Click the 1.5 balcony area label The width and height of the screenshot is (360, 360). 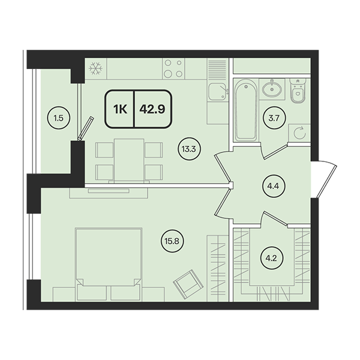click(59, 118)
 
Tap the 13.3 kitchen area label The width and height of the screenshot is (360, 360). click(189, 149)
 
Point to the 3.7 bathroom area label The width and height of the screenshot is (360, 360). click(274, 118)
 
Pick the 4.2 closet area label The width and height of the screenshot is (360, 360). click(271, 259)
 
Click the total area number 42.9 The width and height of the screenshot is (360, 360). click(152, 110)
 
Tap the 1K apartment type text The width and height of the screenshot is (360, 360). click(121, 110)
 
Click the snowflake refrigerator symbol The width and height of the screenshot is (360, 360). click(95, 68)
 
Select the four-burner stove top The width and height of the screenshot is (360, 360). click(173, 68)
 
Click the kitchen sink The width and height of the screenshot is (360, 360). click(217, 91)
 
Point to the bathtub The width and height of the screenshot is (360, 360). click(245, 110)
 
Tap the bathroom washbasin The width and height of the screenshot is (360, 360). click(272, 89)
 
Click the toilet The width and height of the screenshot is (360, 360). click(298, 90)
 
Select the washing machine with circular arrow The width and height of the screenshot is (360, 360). click(299, 133)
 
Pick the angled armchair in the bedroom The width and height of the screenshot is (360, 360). click(188, 284)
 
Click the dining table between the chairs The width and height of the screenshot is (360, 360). click(129, 160)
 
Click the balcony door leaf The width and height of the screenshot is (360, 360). click(86, 128)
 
